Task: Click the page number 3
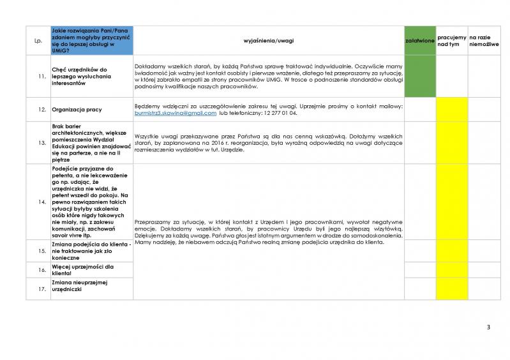488,327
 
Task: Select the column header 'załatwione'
420,41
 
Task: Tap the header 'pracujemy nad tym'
452,41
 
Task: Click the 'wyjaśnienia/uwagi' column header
268,41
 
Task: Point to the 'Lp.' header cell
38,41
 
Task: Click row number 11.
41,77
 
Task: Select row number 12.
41,109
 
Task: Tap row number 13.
41,142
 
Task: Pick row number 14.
41,202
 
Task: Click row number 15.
41,251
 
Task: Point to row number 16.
41,270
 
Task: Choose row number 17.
41,289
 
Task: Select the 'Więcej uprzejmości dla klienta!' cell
83,270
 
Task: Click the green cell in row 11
420,77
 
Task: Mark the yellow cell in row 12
452,109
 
